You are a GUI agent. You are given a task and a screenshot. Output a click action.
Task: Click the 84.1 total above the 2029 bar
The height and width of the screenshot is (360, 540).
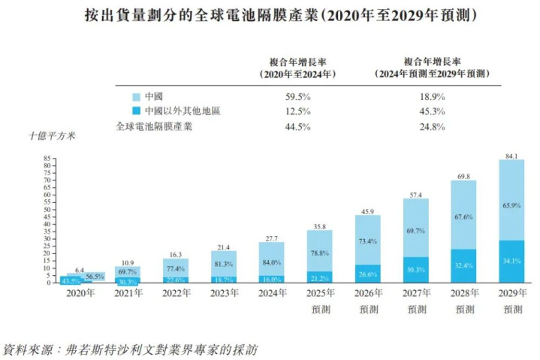coord(511,156)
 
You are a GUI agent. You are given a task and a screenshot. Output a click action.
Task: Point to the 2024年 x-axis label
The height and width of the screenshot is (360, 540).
coord(271,292)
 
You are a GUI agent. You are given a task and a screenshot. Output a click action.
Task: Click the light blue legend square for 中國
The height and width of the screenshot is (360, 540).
coord(136,97)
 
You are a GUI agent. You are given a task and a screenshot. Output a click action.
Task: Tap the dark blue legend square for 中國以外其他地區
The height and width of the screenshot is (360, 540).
coord(136,111)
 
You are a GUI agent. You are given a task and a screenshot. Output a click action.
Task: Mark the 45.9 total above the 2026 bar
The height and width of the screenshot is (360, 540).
coord(367,212)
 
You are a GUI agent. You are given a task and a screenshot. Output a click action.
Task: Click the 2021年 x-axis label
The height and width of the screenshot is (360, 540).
coord(128,292)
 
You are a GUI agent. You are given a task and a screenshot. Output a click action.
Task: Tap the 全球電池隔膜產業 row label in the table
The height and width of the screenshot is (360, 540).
coord(153,126)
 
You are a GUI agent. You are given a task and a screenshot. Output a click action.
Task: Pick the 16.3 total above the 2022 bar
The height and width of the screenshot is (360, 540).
coord(176,255)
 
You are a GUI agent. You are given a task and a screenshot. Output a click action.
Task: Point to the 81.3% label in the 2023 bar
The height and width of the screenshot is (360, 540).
coord(223,264)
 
